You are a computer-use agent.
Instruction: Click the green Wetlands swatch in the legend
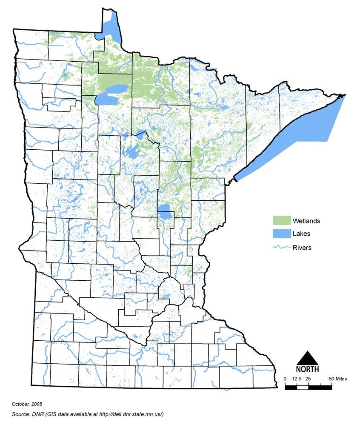[281, 221]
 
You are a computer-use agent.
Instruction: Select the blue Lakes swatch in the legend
[281, 234]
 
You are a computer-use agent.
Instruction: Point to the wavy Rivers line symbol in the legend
[281, 247]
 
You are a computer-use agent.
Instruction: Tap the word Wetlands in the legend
[306, 221]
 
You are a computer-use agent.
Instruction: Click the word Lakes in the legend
[301, 234]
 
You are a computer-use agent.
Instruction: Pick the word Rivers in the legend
[302, 248]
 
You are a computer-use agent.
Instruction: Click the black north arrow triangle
[307, 359]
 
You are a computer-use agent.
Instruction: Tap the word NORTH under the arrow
[307, 369]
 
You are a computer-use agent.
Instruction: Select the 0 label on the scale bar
[285, 379]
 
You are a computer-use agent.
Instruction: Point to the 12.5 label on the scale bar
[297, 379]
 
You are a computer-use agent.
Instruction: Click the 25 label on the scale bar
[309, 379]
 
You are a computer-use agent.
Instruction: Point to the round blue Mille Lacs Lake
[164, 209]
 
